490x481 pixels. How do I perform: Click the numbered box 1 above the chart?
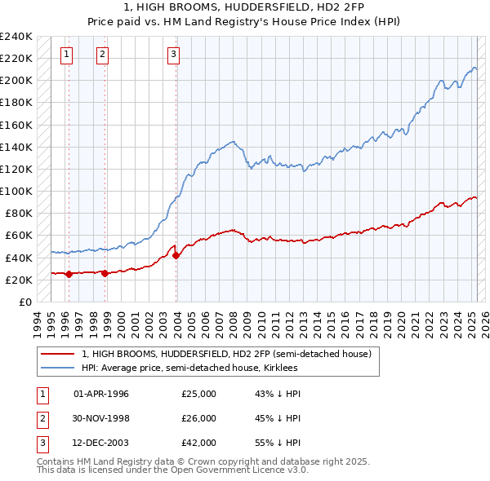click(66, 55)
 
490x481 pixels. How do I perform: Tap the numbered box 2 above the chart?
click(102, 55)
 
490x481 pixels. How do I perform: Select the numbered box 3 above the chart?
click(174, 55)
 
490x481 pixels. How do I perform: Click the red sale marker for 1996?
click(69, 274)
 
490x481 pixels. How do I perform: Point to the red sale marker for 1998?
click(105, 273)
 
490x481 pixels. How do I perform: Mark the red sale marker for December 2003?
click(176, 255)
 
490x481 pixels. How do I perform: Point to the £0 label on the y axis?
click(24, 302)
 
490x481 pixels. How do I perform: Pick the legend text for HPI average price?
click(189, 368)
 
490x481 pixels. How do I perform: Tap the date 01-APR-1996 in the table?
click(101, 394)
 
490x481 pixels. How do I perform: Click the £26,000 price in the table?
click(198, 418)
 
